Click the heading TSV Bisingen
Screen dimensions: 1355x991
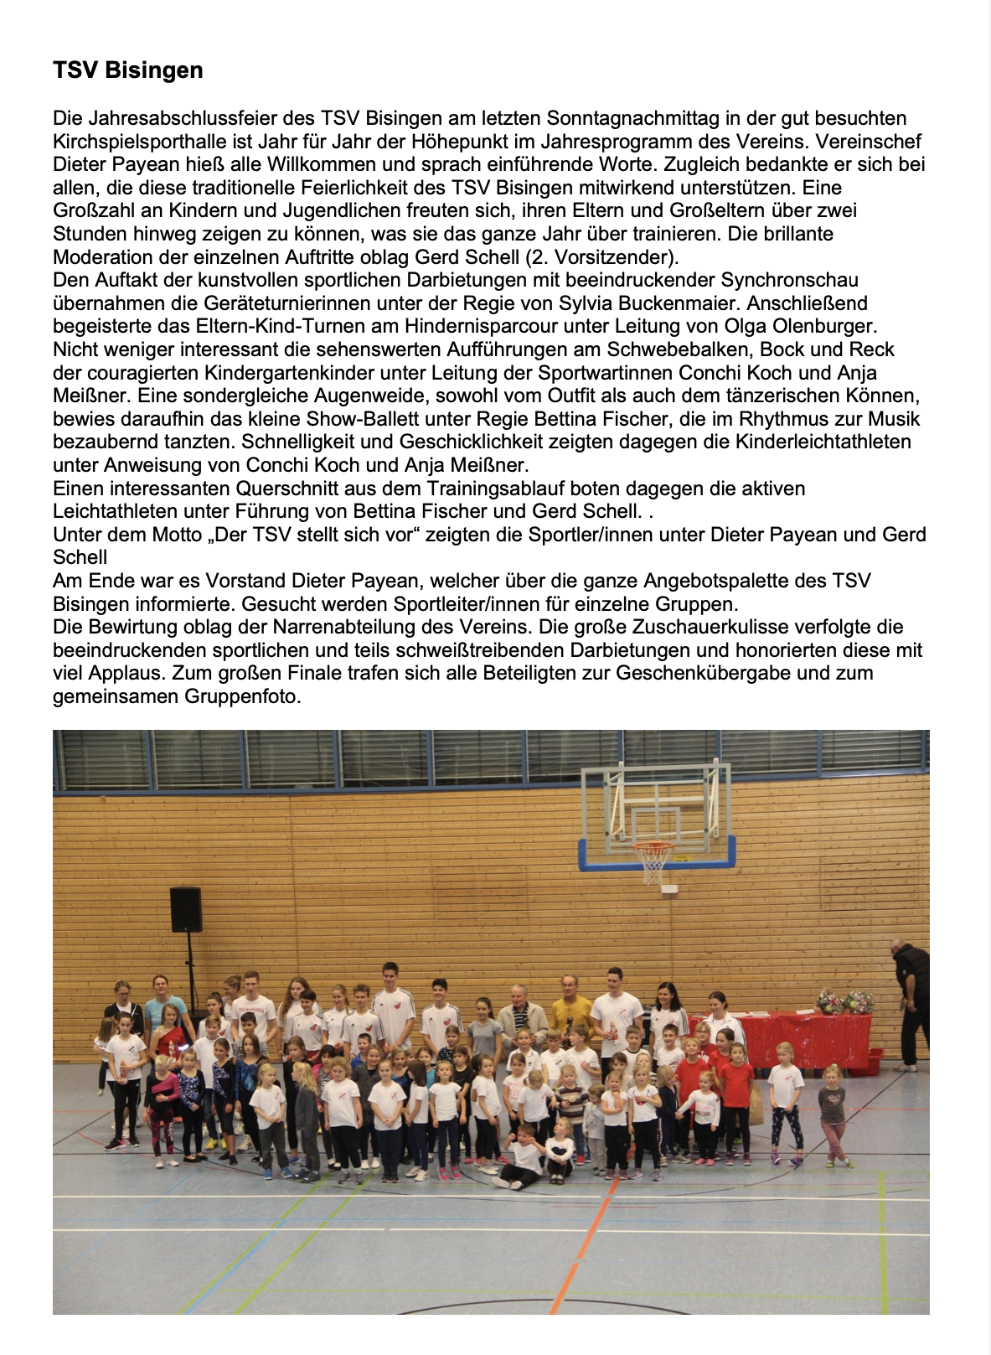tap(127, 70)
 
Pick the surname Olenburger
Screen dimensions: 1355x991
tap(822, 326)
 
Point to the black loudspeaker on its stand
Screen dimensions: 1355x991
tap(186, 910)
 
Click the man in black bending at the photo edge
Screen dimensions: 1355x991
tap(911, 1001)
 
